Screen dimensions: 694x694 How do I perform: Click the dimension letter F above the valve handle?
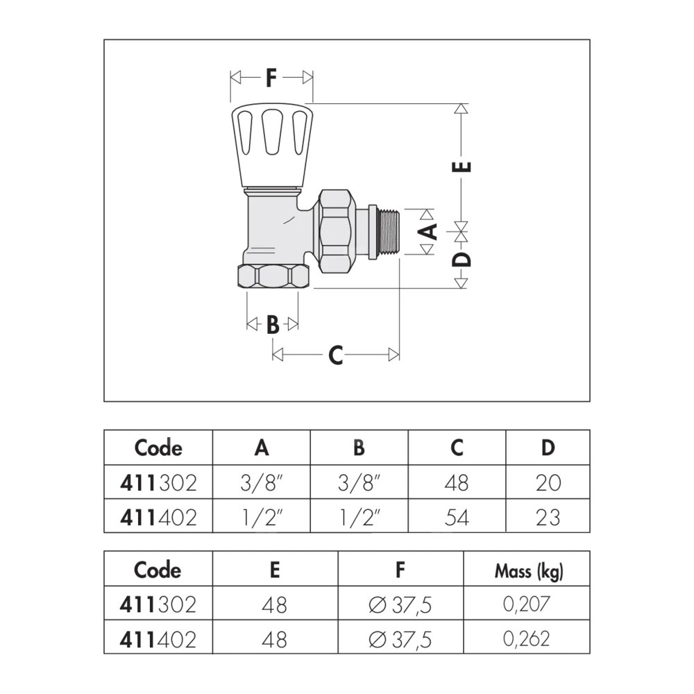coord(271,78)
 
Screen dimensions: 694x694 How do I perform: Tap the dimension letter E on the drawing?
coord(462,167)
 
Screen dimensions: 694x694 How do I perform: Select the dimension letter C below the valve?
coord(335,355)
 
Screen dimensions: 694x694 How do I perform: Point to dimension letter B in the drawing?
coord(273,325)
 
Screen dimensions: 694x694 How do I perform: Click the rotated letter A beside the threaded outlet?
coord(428,232)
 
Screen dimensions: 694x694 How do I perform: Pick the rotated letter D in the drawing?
coord(462,260)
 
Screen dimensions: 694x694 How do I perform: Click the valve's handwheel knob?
coord(272,146)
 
